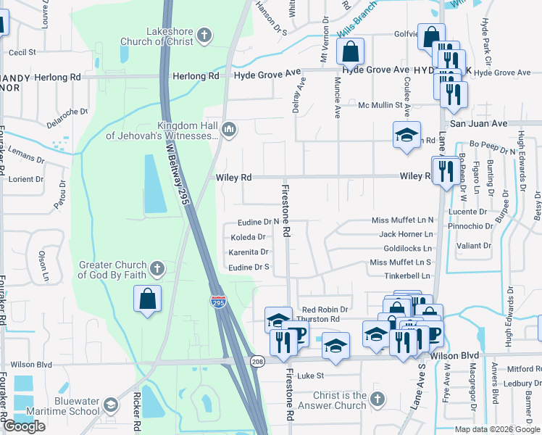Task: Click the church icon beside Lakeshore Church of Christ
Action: point(205,35)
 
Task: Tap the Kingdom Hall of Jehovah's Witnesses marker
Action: point(230,130)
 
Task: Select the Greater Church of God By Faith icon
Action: point(157,270)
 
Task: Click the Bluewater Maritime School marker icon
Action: point(110,405)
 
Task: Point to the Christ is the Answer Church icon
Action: point(376,400)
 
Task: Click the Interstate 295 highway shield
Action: point(217,301)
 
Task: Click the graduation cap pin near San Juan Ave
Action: point(406,135)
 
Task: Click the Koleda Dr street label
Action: point(249,237)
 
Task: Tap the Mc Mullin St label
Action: point(385,105)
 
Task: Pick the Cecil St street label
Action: point(22,52)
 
